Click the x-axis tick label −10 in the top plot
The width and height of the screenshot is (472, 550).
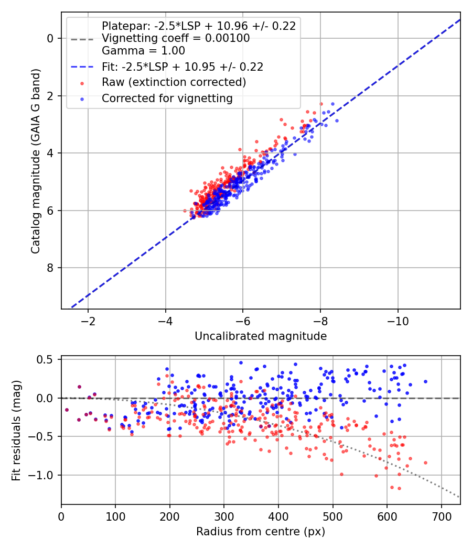(398, 321)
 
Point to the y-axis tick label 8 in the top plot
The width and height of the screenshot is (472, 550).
(50, 268)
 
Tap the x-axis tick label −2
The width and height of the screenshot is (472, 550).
(88, 321)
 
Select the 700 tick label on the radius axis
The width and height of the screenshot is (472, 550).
(441, 516)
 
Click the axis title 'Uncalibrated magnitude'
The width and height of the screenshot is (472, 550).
(261, 336)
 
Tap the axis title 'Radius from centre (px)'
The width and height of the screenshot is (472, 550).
(261, 532)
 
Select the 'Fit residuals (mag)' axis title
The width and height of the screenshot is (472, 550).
(16, 431)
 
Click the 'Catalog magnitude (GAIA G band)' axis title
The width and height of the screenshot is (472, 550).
(36, 161)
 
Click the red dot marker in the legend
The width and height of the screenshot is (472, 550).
(82, 83)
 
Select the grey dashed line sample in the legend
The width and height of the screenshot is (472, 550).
(82, 39)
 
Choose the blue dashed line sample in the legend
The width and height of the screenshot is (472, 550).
(82, 67)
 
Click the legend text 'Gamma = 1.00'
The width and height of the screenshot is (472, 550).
(143, 51)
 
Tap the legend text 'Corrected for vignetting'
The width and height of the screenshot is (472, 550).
(167, 98)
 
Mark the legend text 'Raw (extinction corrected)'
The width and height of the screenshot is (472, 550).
(174, 82)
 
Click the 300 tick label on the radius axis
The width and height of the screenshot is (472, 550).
(224, 516)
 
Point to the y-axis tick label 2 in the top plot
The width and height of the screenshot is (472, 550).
(50, 96)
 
